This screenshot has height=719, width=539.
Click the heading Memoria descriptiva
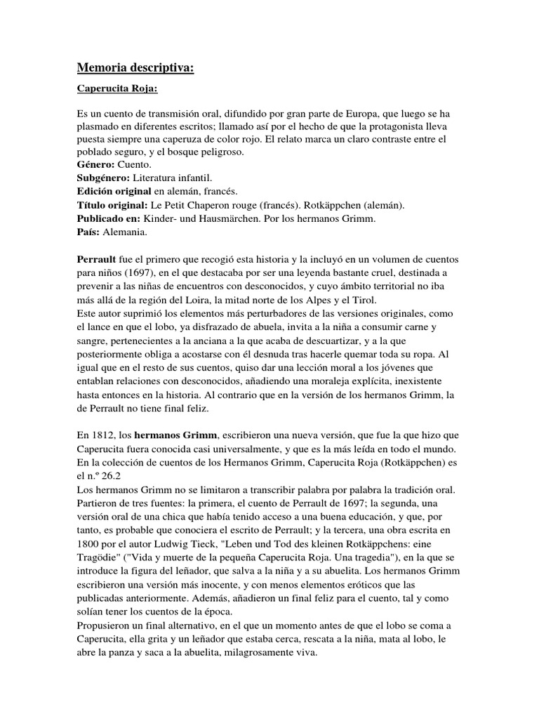(134, 68)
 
